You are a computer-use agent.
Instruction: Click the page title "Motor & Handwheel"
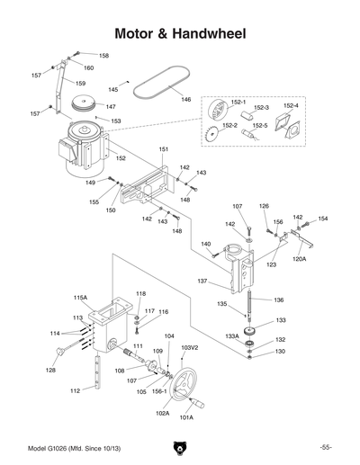180,33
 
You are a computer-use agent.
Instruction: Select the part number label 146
185,99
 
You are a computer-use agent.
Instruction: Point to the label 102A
163,413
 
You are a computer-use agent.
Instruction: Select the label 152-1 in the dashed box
240,102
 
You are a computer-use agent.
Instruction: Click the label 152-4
291,106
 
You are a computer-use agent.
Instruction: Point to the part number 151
164,148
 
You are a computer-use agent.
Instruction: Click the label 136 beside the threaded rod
279,300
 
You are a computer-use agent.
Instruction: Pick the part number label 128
51,370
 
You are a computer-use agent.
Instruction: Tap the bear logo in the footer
180,447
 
